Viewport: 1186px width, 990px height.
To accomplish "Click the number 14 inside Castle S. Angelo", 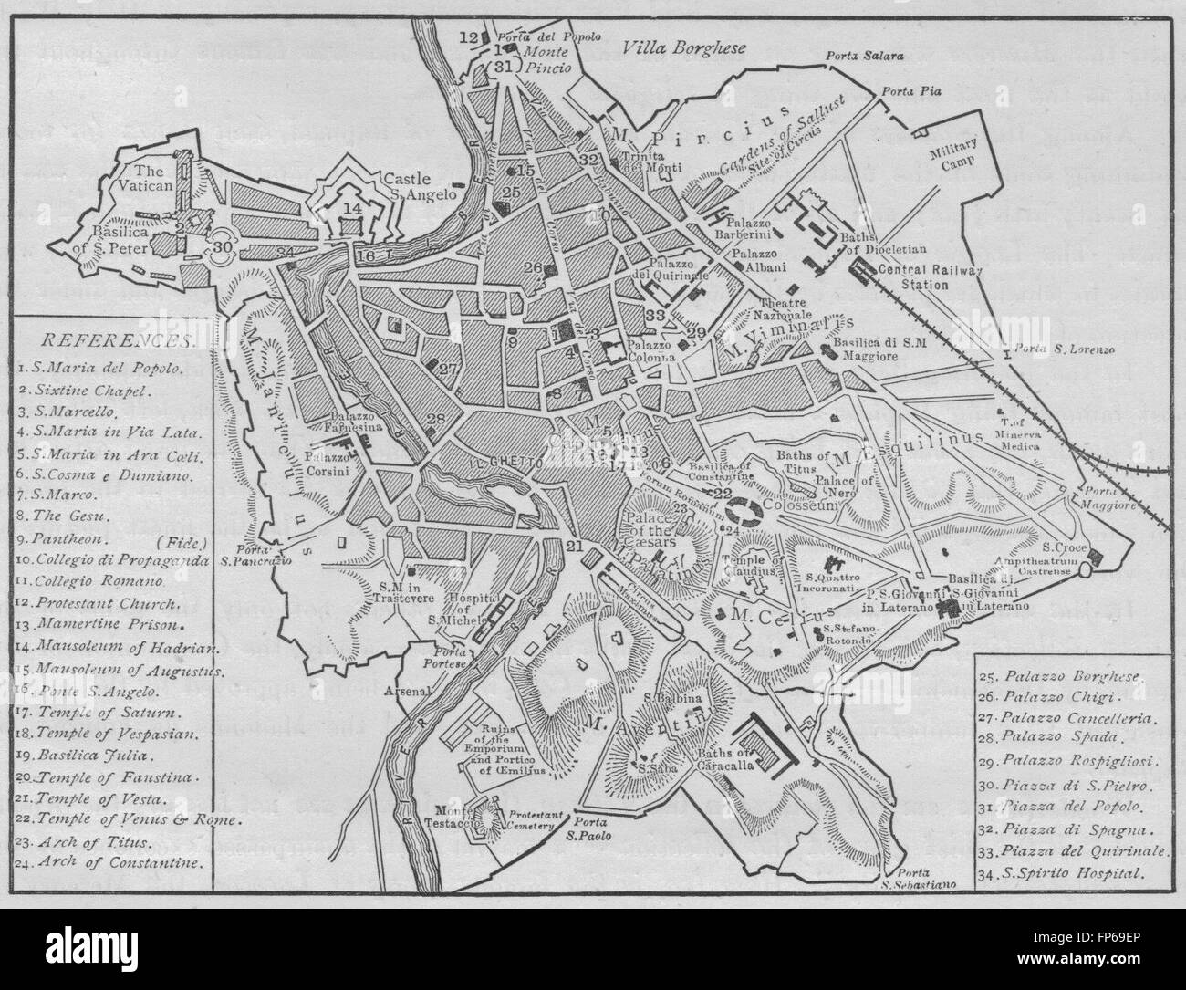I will [x=352, y=208].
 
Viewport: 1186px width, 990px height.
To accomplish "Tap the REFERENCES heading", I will [x=116, y=340].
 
